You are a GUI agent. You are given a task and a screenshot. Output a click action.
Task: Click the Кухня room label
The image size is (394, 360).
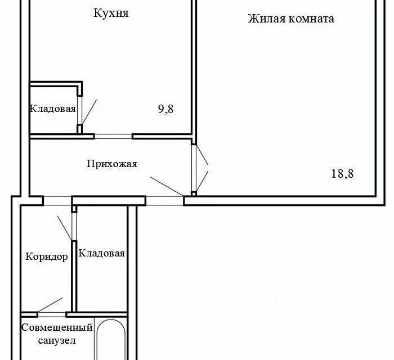[111, 13]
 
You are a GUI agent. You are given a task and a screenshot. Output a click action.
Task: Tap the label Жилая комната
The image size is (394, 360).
[291, 19]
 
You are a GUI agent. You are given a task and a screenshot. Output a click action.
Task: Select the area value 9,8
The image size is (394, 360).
[165, 109]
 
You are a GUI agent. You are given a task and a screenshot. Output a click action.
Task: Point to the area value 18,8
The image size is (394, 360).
[342, 174]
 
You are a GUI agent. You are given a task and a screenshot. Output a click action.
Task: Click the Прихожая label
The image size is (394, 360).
[112, 164]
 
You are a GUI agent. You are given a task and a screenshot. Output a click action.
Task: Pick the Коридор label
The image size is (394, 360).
[47, 257]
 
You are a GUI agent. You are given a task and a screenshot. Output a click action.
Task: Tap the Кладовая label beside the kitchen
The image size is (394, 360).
[53, 109]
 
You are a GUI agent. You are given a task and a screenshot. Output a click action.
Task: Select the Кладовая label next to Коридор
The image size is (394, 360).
[101, 253]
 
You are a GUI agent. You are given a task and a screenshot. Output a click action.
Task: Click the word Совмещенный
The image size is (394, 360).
[57, 327]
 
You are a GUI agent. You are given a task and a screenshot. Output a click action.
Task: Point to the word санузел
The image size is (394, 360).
[57, 341]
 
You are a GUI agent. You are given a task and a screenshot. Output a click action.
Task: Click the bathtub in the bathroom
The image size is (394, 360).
[111, 339]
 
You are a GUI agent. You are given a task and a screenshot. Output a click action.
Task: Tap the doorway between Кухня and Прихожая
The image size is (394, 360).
[113, 136]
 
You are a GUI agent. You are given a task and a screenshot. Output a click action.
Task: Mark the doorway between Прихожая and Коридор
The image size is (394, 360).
[57, 201]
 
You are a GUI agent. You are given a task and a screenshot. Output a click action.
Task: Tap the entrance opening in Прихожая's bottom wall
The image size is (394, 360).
[164, 201]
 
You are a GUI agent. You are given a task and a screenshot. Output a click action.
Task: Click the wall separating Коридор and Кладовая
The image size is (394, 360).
[74, 276]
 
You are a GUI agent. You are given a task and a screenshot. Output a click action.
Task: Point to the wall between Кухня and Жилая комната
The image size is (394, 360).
[194, 68]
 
